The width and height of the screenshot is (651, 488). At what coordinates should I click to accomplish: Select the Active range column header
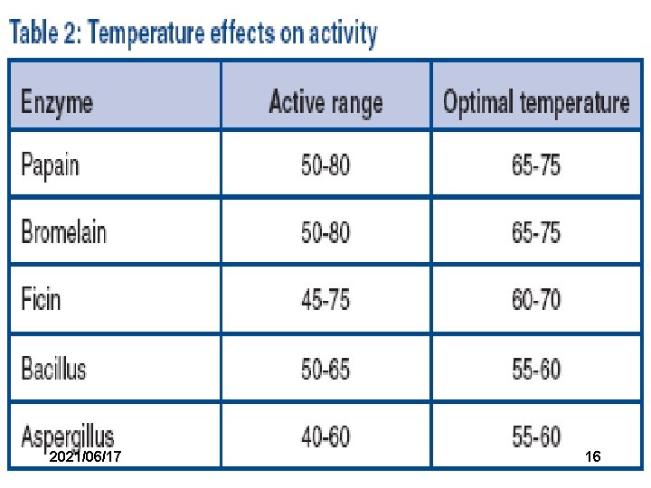click(325, 102)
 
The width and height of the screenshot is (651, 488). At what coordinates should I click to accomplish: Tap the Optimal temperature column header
click(536, 102)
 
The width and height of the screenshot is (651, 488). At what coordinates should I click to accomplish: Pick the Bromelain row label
click(64, 231)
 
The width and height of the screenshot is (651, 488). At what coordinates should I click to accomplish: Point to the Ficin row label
click(41, 298)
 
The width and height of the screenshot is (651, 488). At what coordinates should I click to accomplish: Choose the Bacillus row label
click(53, 367)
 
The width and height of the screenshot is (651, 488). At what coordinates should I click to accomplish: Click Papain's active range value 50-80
click(325, 164)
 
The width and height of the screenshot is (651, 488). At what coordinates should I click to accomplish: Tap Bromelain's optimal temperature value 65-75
click(536, 232)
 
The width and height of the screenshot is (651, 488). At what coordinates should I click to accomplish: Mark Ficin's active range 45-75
click(325, 299)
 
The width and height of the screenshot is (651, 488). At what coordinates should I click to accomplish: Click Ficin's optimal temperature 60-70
click(536, 299)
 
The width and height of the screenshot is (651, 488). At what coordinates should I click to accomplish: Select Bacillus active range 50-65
click(325, 369)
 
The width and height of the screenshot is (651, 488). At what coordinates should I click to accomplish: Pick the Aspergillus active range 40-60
click(325, 436)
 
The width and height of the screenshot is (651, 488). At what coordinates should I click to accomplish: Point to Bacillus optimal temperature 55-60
click(536, 369)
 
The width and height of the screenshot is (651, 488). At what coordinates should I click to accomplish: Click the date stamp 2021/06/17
click(85, 456)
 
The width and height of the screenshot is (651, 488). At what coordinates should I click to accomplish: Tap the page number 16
click(593, 456)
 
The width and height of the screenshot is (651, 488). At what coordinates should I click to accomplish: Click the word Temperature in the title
click(146, 33)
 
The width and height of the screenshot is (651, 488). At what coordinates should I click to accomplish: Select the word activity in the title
click(343, 33)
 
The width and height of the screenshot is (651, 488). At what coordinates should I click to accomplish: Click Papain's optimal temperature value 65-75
click(536, 164)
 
